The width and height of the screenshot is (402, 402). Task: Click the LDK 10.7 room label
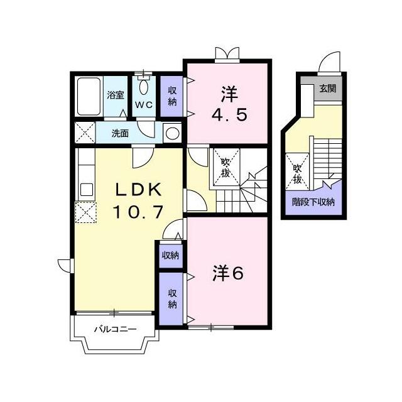(139, 200)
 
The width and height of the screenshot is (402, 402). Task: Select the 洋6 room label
(228, 274)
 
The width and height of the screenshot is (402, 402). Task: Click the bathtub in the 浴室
(89, 96)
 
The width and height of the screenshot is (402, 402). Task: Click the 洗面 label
(120, 133)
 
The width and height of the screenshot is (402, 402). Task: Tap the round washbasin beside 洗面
(172, 133)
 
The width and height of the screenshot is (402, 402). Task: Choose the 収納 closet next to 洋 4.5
(171, 96)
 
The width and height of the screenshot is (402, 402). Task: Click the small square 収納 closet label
(170, 256)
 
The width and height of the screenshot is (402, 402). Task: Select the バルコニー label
(115, 329)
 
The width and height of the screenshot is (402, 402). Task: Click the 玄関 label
(327, 88)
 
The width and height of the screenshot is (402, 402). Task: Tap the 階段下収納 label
(313, 202)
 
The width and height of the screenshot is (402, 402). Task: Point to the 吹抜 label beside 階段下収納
(297, 174)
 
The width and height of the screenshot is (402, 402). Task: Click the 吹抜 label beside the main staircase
(225, 168)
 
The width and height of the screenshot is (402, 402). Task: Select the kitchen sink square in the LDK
(87, 190)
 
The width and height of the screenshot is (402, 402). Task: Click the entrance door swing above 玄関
(329, 62)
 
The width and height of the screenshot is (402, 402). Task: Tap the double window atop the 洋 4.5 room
(227, 55)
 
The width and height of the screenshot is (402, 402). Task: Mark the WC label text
(144, 104)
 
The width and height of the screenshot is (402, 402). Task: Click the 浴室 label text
(116, 95)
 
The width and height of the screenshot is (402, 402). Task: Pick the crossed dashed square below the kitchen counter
(85, 212)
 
